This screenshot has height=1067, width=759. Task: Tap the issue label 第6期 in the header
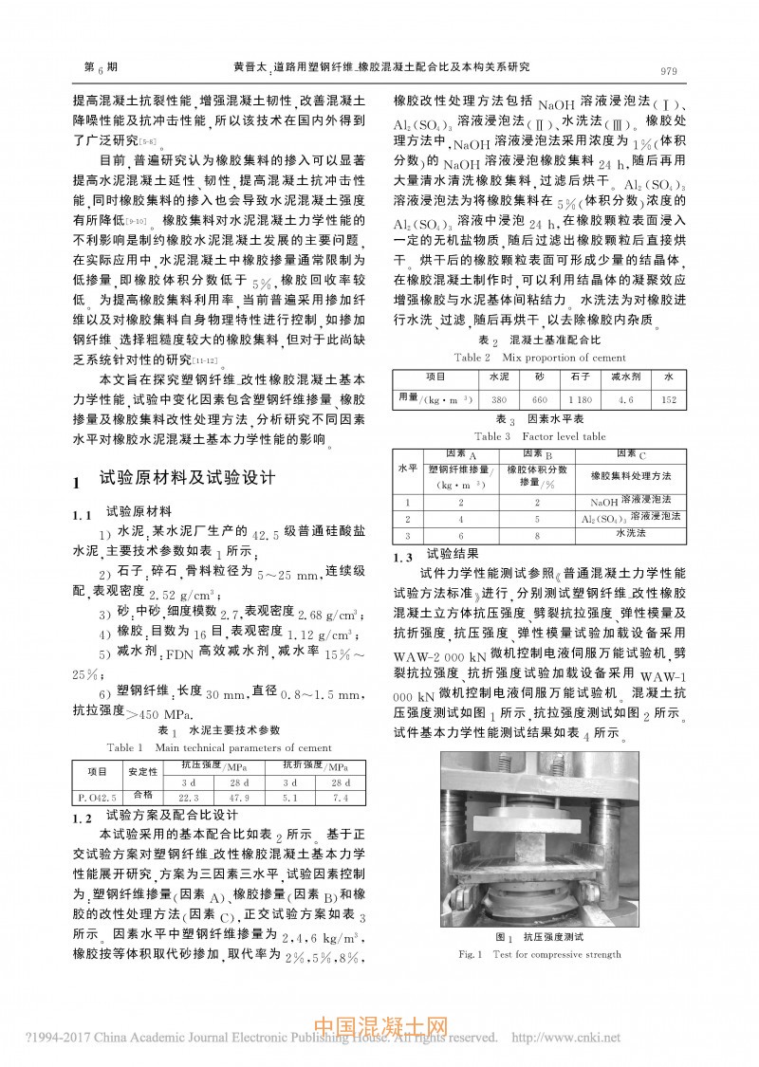point(102,68)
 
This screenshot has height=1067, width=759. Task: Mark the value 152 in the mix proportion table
point(668,400)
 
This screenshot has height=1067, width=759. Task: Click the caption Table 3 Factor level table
point(540,436)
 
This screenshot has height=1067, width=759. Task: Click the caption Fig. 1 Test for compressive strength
point(539,953)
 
